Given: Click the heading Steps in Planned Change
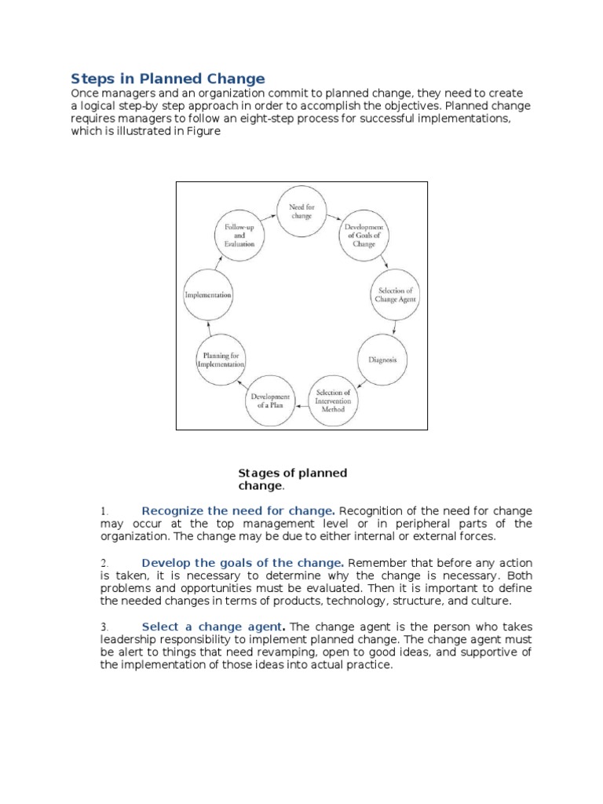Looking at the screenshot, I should tap(168, 79).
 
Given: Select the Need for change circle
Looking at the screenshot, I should tap(301, 210).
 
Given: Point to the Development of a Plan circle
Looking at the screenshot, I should tap(271, 401).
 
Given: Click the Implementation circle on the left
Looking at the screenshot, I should tap(207, 295).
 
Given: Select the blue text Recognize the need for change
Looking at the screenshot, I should tap(239, 510).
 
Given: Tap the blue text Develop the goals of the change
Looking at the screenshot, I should tap(243, 563).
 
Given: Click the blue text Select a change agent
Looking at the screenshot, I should tap(213, 627).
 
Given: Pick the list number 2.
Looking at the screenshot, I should tap(104, 563).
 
